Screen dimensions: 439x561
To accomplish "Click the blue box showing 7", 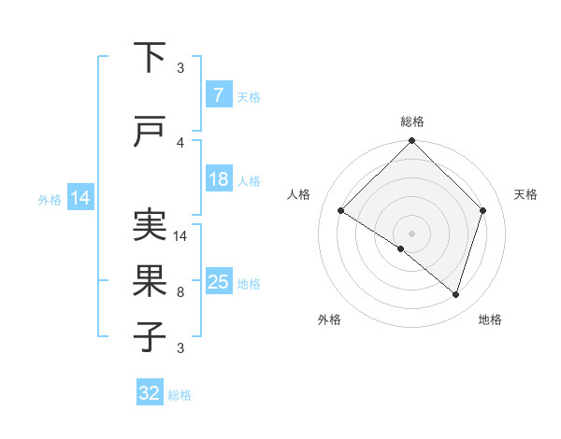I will [x=218, y=95].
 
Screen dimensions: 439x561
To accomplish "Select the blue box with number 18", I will [x=218, y=179].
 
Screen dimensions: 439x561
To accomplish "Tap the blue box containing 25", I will [x=218, y=282].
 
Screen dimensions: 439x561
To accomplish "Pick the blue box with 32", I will [x=150, y=393].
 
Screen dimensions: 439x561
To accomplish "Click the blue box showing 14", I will [x=80, y=198].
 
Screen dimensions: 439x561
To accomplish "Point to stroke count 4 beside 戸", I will [x=180, y=143].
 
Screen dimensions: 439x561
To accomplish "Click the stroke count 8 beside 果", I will [x=180, y=292].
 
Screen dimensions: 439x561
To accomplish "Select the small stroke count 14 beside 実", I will [x=181, y=236].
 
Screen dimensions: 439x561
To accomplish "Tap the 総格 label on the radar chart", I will [x=411, y=121].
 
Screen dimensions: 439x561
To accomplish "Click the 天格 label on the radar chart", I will [x=525, y=194].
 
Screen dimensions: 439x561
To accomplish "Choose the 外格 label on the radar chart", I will [x=329, y=319].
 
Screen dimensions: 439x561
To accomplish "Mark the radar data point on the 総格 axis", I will [x=411, y=142].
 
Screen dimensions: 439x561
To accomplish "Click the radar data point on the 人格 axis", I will [x=341, y=210].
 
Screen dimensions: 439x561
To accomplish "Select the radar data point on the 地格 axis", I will [x=455, y=294].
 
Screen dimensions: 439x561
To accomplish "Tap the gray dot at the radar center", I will [x=411, y=233].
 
